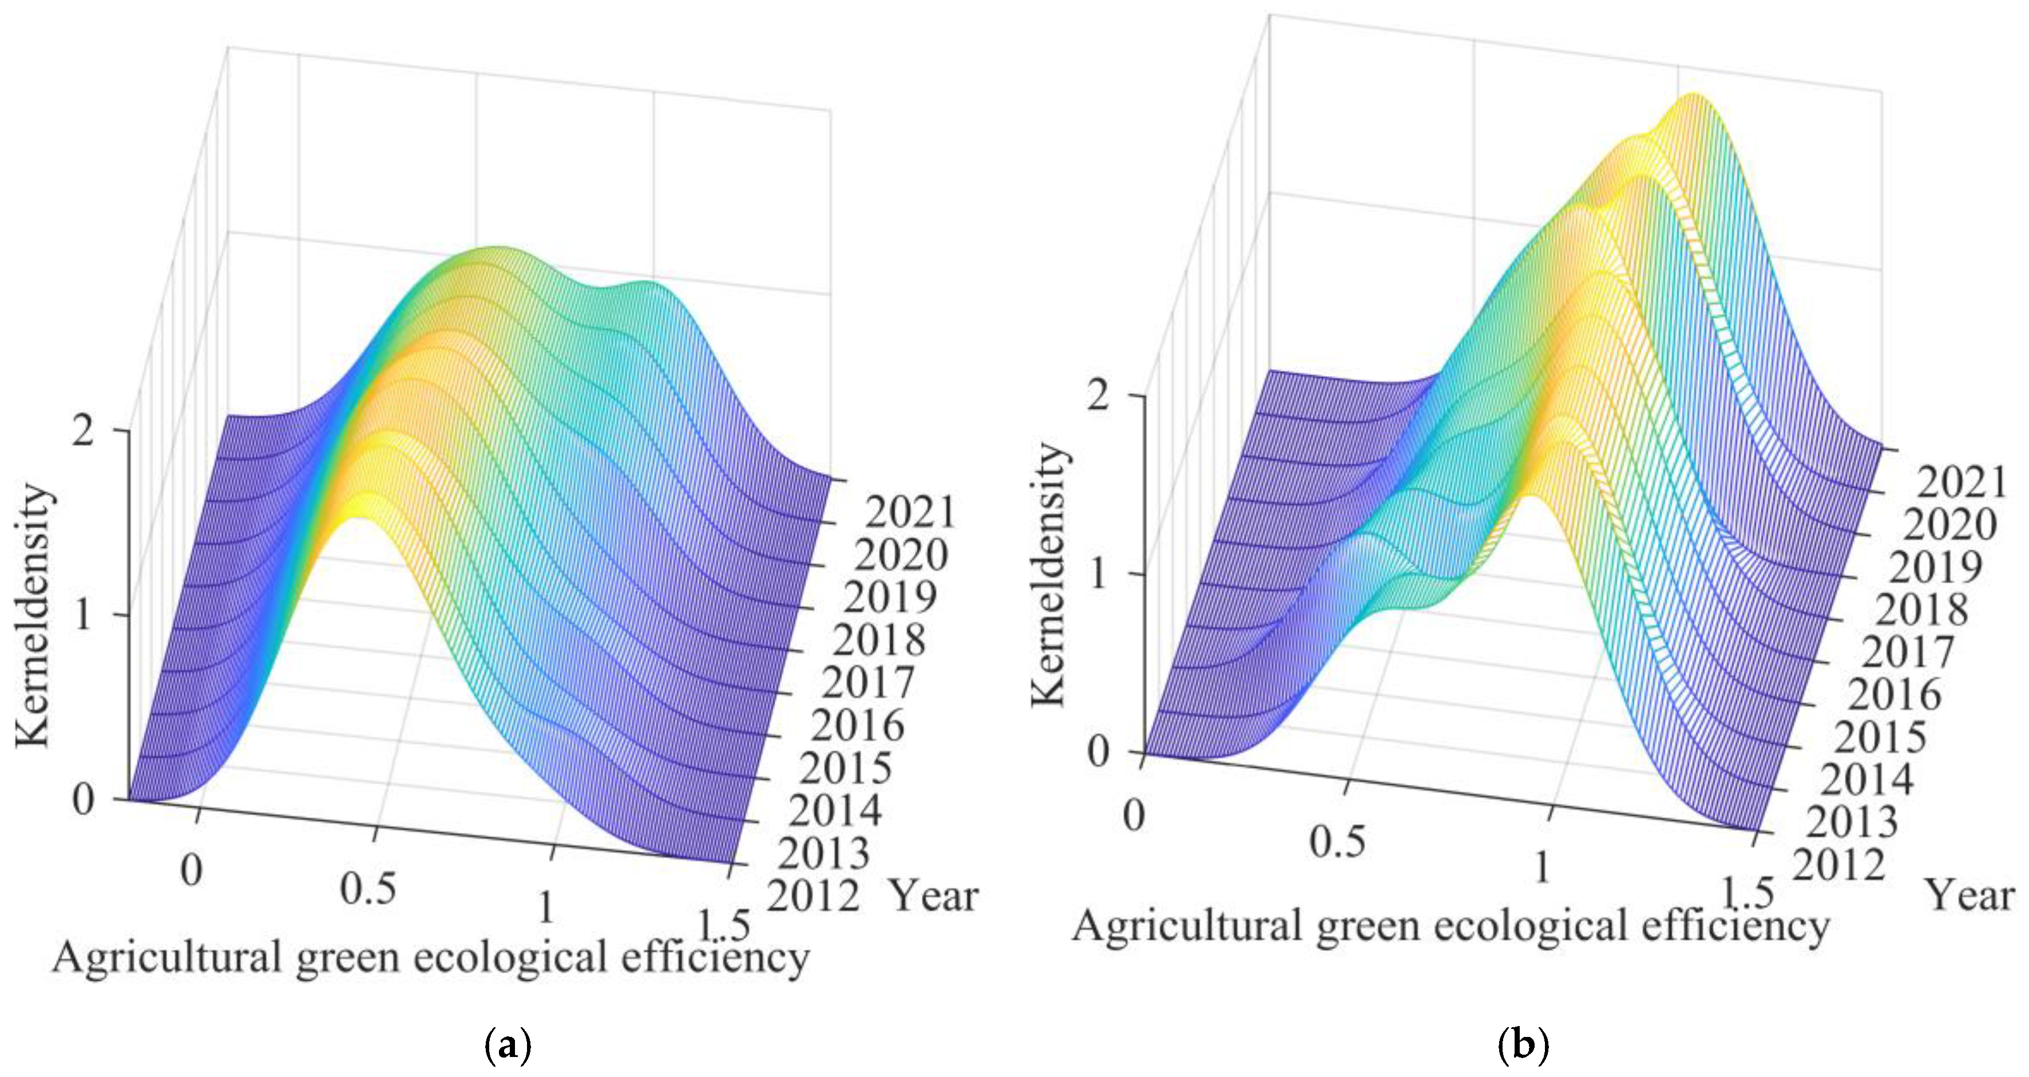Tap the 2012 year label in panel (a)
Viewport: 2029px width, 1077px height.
813,897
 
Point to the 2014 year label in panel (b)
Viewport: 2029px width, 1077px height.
1866,779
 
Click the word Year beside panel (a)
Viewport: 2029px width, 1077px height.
934,897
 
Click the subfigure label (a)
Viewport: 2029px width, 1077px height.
506,1046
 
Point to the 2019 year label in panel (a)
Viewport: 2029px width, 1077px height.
890,597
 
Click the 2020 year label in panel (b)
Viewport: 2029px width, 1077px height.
1950,525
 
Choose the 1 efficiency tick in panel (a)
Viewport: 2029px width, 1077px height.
544,908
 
